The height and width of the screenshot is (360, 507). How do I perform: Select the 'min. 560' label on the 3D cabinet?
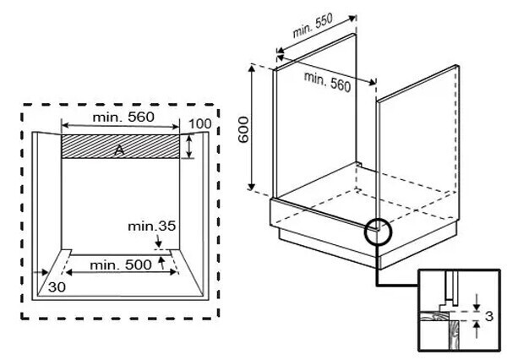click(x=327, y=82)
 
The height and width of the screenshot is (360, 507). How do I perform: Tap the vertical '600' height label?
click(x=243, y=128)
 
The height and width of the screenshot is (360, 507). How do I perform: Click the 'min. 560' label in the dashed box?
click(x=123, y=117)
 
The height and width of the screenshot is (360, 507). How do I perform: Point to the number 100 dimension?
click(x=199, y=124)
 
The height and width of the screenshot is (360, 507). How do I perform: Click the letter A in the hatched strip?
click(x=122, y=149)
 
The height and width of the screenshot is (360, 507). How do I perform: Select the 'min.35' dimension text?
click(x=152, y=226)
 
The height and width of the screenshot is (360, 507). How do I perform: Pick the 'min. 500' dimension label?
click(x=123, y=265)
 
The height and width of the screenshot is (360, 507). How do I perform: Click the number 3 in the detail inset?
click(x=488, y=316)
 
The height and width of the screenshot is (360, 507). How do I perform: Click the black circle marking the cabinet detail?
click(x=379, y=231)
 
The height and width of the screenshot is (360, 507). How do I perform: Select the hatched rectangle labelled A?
click(x=122, y=145)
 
